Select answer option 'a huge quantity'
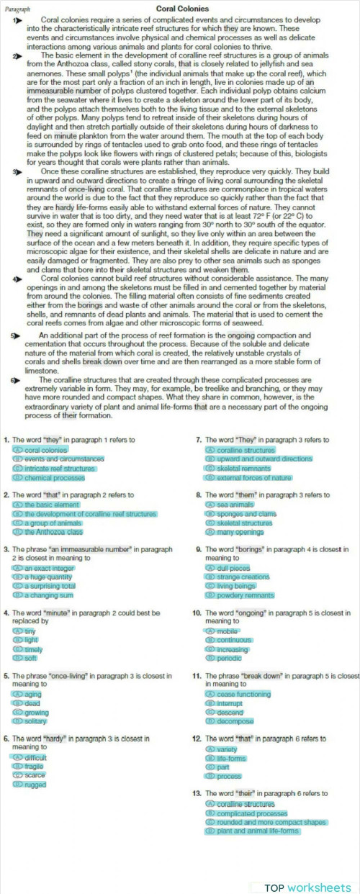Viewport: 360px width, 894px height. (48, 577)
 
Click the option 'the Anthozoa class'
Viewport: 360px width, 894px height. (53, 532)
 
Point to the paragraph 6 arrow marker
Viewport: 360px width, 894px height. (16, 379)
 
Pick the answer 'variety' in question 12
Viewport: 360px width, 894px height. (227, 749)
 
